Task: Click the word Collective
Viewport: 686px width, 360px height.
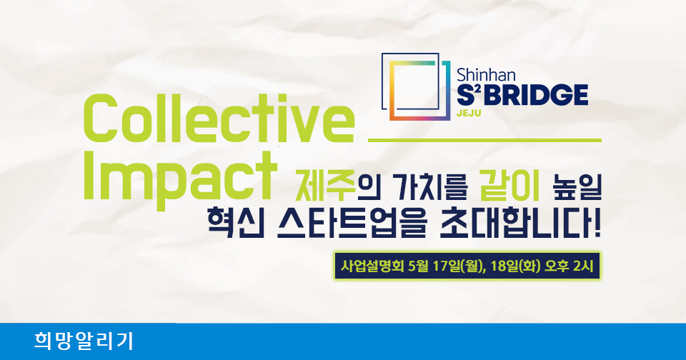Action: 219,119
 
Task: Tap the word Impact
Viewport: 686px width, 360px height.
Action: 180,178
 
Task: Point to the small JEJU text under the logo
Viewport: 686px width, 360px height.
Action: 469,114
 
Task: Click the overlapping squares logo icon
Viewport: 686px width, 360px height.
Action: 416,86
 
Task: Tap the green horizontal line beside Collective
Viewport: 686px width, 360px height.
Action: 484,140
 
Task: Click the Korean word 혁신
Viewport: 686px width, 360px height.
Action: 236,224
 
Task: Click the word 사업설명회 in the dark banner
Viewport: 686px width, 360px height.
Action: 372,266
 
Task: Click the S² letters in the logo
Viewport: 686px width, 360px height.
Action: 469,95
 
